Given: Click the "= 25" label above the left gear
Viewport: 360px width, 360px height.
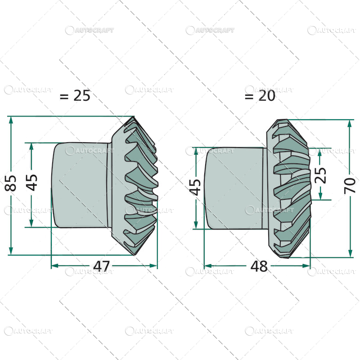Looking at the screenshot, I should pos(75,95).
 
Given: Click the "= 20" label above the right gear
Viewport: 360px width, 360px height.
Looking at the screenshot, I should pos(260,96).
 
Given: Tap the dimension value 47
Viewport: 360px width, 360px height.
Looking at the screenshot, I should pos(102,266).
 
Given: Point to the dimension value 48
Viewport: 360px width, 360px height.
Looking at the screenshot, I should pos(259,266).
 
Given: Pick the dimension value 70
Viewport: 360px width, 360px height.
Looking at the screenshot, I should pos(351,185).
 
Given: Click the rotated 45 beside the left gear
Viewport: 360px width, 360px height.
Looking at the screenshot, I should pos(32,183).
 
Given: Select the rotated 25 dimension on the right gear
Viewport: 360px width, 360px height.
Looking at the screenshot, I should pos(320,174).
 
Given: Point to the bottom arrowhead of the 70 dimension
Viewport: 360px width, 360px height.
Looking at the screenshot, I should pos(350,253).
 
